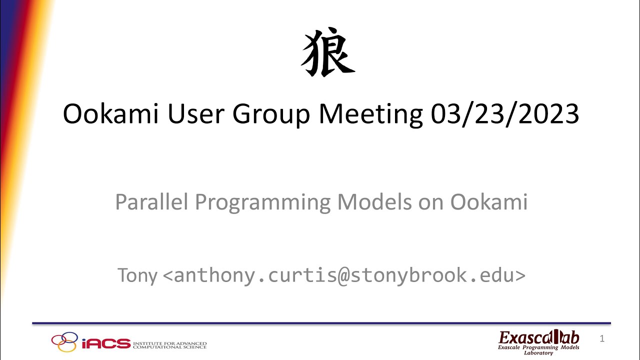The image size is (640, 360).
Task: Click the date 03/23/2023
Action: [504, 115]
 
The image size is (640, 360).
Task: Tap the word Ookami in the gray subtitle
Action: [489, 202]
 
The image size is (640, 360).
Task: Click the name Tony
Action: [137, 275]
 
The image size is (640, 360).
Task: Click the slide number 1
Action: [602, 339]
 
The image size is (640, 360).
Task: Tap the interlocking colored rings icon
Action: [65, 342]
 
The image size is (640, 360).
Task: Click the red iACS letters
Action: [105, 344]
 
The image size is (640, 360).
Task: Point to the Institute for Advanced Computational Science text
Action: [169, 344]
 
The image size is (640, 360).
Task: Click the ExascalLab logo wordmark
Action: [538, 337]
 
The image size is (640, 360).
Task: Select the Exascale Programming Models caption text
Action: [538, 347]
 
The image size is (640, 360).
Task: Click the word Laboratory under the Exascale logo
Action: [538, 353]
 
